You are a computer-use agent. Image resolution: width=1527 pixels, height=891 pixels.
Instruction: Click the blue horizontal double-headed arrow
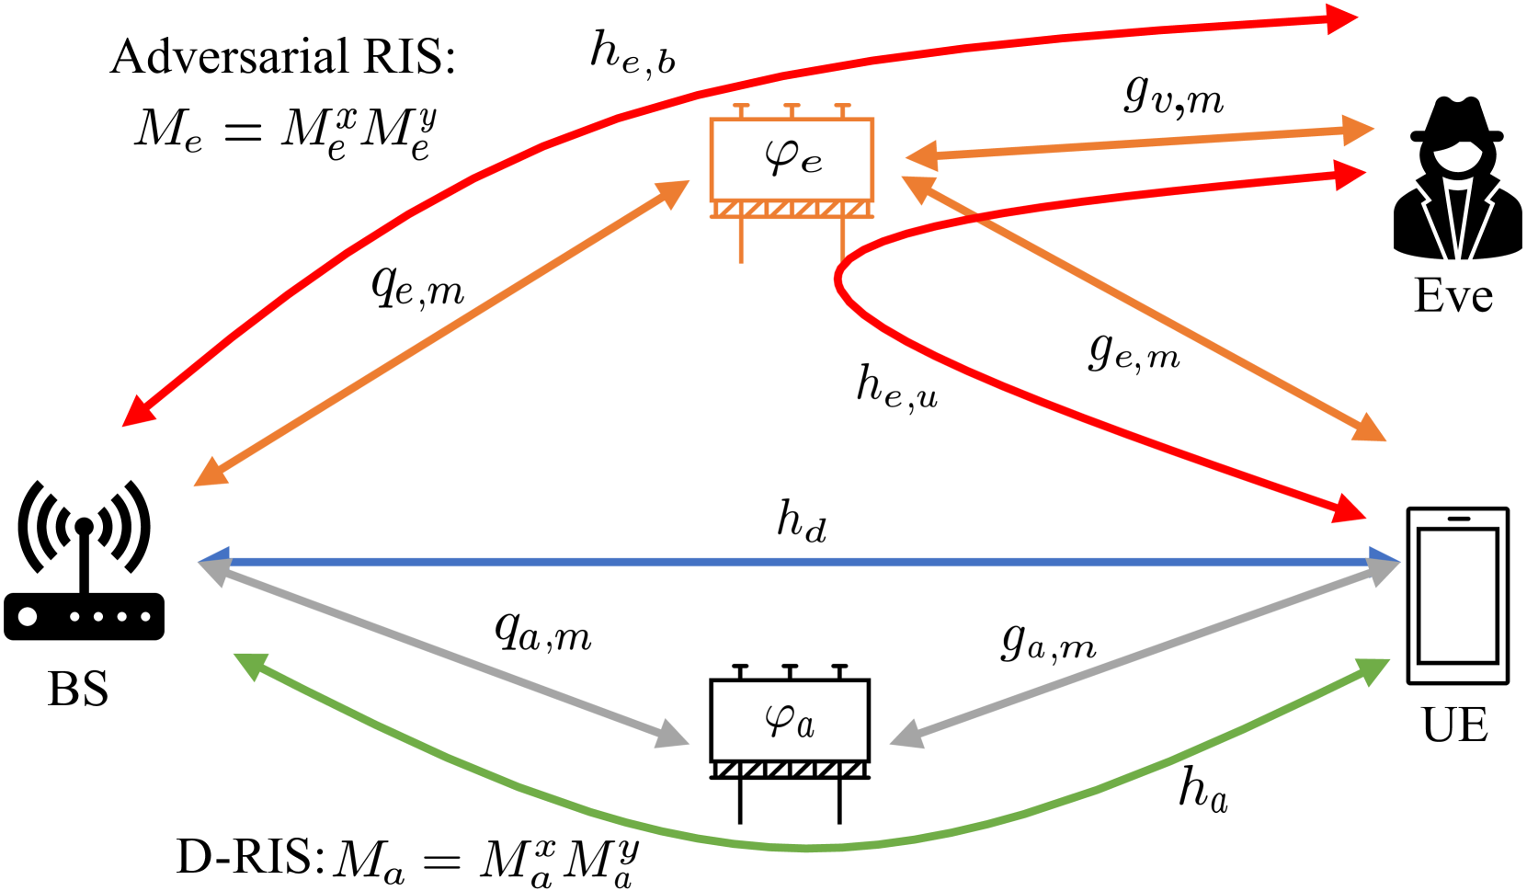[x=800, y=561]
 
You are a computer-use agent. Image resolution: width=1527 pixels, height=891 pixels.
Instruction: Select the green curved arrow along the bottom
[x=809, y=846]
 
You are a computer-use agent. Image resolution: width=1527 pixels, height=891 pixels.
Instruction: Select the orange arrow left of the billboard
[x=441, y=333]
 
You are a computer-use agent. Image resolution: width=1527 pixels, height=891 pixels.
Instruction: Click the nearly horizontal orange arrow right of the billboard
[x=1140, y=143]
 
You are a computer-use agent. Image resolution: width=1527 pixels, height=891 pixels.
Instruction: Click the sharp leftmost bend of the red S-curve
[x=838, y=280]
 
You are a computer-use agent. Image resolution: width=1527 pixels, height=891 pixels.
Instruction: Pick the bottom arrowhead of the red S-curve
[x=1351, y=508]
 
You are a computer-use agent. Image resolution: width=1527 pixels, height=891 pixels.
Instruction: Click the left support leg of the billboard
[x=741, y=241]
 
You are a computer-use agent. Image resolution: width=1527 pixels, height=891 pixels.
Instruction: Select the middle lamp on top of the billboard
[x=792, y=109]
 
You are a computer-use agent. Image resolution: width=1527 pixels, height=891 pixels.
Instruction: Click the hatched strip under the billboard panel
[x=791, y=210]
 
